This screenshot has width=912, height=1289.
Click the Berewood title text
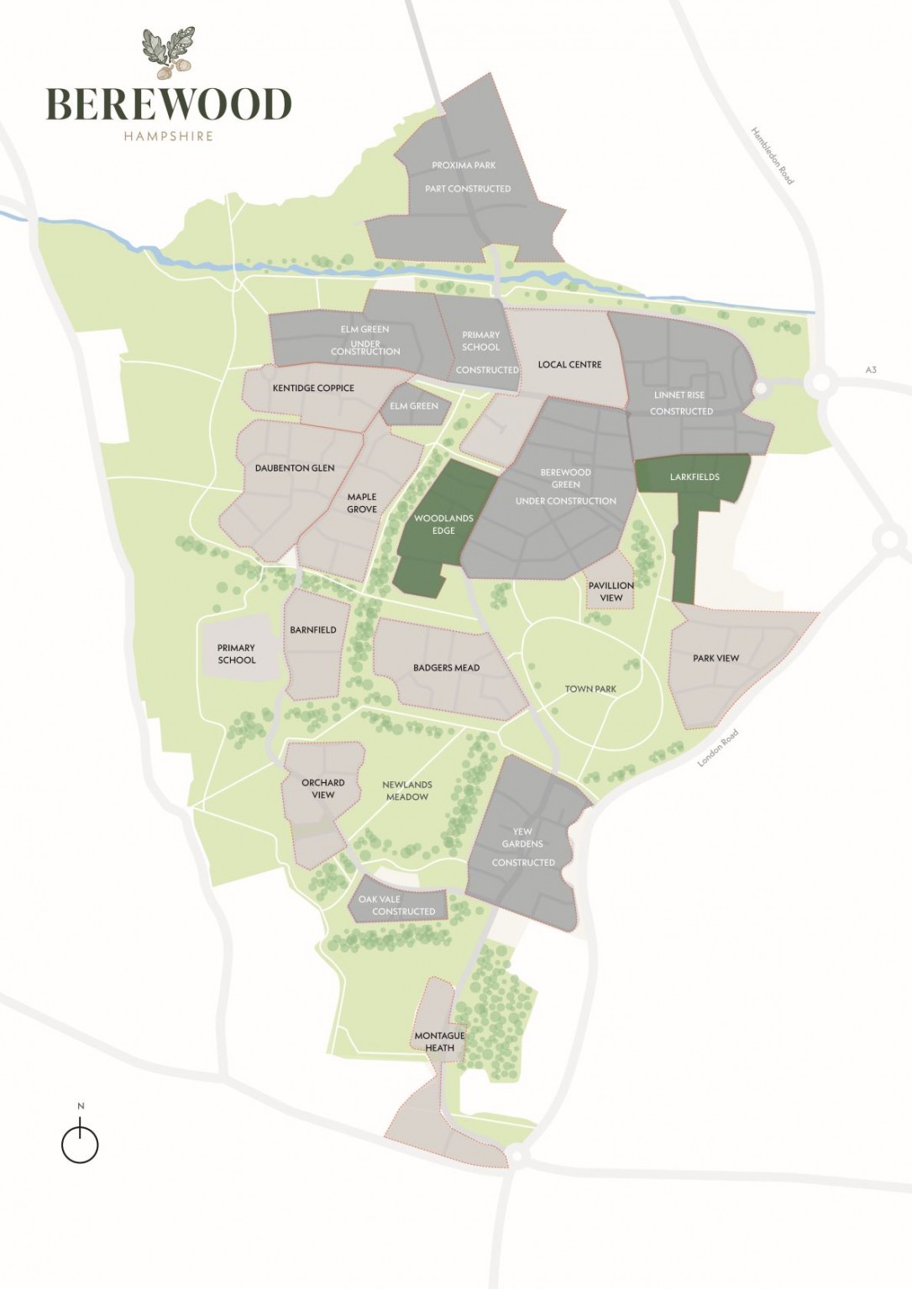(168, 104)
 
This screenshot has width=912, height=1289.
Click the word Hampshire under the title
(168, 136)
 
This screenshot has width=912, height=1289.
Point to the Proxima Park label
(464, 165)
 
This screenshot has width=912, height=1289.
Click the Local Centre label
(569, 365)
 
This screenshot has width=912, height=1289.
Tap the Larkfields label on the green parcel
(694, 477)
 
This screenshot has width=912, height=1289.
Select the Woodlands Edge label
(443, 524)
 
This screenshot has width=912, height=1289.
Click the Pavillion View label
(611, 592)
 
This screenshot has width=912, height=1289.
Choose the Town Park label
(590, 689)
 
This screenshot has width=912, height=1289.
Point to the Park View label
(715, 658)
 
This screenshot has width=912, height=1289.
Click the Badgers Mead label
(446, 668)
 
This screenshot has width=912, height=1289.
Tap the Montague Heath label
(439, 1041)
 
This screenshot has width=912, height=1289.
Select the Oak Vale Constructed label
(397, 905)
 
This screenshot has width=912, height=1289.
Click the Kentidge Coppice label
(313, 389)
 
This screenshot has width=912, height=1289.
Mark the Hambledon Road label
(772, 156)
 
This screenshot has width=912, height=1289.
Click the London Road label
(719, 748)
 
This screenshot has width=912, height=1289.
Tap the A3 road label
(871, 369)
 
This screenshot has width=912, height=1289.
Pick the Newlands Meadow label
(407, 791)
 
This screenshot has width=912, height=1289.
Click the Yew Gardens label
(522, 838)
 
